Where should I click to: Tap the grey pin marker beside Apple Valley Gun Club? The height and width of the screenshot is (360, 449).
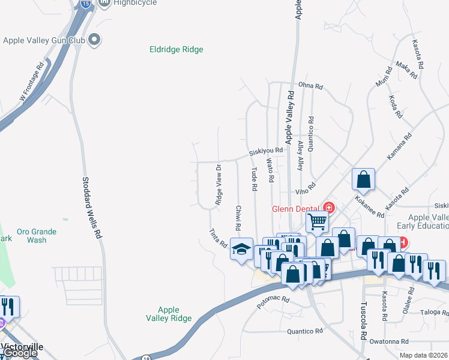point(94,40)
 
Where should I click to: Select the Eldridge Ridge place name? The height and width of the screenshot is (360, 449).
point(176,50)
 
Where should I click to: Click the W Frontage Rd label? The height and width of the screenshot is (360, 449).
point(32,80)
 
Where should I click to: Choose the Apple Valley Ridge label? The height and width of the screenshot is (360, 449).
point(169,314)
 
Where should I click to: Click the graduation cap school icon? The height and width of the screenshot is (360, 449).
point(241,249)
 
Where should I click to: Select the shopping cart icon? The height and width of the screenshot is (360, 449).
point(317,221)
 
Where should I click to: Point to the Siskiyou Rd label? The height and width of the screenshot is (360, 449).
point(266,151)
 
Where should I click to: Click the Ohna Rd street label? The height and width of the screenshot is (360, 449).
point(310,86)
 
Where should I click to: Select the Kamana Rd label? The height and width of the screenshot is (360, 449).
point(400,146)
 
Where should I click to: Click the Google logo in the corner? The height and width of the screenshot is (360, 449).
point(19,353)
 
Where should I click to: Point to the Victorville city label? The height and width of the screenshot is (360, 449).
point(24,347)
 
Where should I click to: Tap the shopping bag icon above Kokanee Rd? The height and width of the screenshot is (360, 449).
point(364,179)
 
